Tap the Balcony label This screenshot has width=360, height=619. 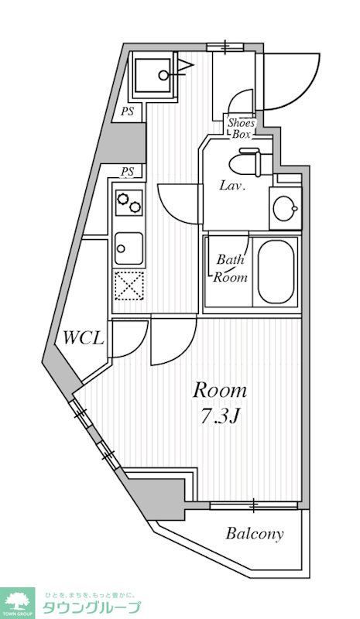click(x=254, y=533)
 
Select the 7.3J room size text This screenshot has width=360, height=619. click(x=219, y=416)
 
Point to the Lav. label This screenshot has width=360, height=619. click(x=232, y=186)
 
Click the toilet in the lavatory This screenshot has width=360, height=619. click(x=249, y=162)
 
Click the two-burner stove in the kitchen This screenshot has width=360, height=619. click(x=129, y=203)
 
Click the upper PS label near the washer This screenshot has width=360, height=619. click(x=127, y=111)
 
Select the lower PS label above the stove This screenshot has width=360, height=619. click(x=127, y=171)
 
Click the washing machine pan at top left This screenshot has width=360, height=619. click(x=153, y=77)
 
